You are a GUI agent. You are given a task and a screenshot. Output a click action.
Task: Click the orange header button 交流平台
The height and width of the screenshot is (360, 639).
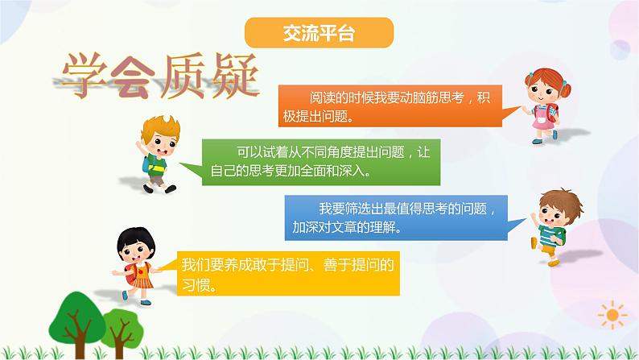point(319,34)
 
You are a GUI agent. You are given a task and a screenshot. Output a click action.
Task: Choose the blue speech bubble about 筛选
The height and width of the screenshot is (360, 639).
point(396,217)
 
